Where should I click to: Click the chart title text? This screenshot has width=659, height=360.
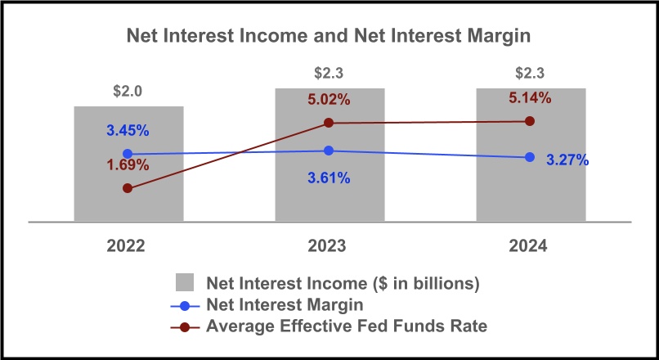point(329,36)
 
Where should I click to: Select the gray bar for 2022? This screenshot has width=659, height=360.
point(128,205)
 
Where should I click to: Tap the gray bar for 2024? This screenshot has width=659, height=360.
point(531,196)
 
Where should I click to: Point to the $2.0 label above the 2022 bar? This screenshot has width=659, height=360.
point(128,91)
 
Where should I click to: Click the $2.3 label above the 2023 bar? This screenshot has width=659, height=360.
point(329,74)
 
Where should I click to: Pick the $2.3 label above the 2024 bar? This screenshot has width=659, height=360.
point(531,74)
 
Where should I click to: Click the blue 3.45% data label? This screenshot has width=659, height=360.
point(127,130)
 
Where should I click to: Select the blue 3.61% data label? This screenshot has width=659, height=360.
point(329,178)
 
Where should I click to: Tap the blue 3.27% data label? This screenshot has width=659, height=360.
point(567,160)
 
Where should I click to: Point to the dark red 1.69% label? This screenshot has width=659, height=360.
point(127,164)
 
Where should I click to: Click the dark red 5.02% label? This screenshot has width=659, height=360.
point(329,100)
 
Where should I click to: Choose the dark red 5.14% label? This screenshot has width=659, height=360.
point(529,97)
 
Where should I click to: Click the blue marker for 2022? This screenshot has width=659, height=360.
point(128,154)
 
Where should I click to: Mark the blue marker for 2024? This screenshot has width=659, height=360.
point(530,157)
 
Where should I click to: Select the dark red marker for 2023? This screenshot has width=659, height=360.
point(329,123)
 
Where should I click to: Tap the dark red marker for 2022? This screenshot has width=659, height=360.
point(128,188)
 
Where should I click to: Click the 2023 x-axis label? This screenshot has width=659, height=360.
point(329,245)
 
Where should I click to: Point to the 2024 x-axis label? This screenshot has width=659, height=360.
point(529,245)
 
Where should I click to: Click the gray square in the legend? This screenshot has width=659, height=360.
point(186,284)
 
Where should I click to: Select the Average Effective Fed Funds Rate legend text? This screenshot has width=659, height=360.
point(347,326)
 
